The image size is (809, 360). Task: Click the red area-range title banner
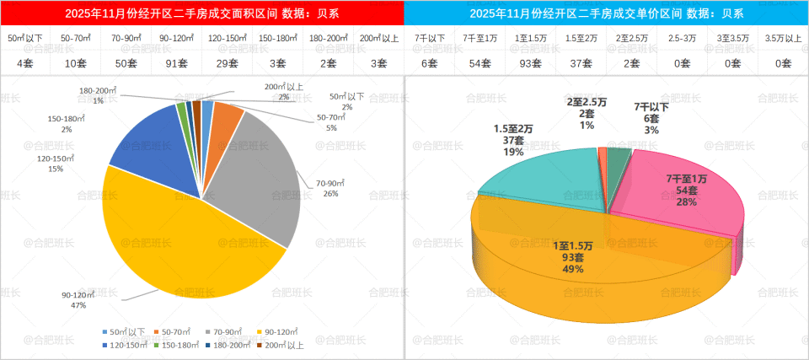point(202,13)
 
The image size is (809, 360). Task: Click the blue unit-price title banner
point(607,13)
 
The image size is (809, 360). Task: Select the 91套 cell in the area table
point(177,62)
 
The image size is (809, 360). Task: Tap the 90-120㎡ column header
point(177,39)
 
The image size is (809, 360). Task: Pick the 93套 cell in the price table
point(531,62)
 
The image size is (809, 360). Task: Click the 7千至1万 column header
point(480,39)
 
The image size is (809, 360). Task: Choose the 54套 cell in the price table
point(480,62)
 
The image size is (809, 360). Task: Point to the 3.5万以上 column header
point(783,39)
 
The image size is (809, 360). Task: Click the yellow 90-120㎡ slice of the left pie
point(185,236)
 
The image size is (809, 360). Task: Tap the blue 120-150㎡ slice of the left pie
point(147,143)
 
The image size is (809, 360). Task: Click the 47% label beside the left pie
point(78,305)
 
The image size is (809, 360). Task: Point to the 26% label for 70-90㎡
point(330,194)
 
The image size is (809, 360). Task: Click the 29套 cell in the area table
point(228,62)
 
